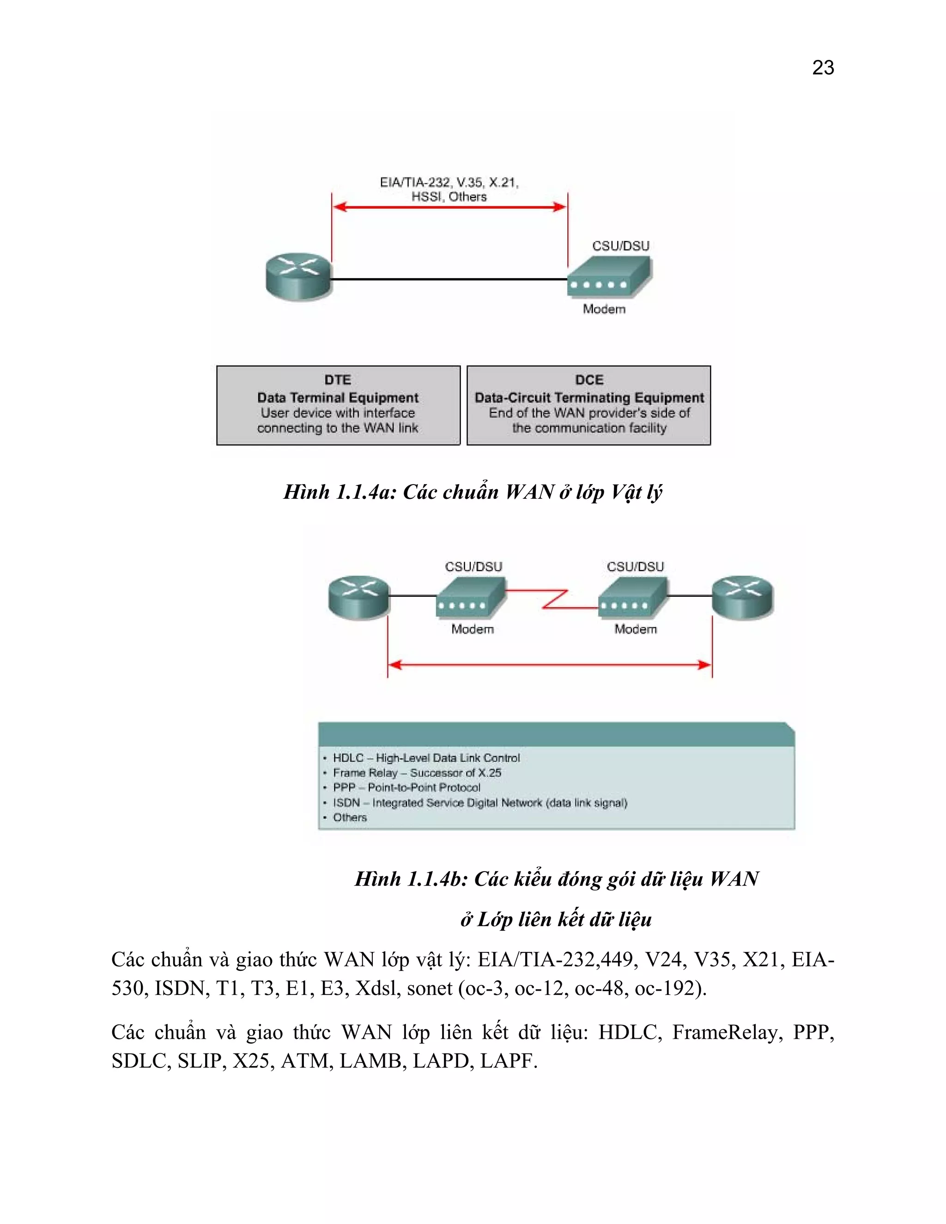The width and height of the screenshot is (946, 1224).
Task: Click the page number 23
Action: pos(823,68)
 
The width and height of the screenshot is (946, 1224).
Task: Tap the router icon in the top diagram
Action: pos(299,277)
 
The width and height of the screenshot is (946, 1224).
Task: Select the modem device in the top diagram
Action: pos(609,276)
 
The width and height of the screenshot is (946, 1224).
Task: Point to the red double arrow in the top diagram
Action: pos(449,207)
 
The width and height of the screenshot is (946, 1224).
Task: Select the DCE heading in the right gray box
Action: pos(589,380)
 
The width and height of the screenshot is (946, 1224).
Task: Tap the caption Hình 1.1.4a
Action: pos(473,491)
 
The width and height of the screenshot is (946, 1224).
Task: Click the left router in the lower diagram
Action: pos(358,597)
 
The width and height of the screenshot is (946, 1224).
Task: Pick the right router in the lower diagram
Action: pos(743,597)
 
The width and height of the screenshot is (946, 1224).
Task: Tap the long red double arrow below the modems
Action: pos(550,665)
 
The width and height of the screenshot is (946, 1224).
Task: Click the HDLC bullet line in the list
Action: pos(426,757)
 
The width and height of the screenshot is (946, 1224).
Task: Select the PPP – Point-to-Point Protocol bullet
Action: pos(406,788)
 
